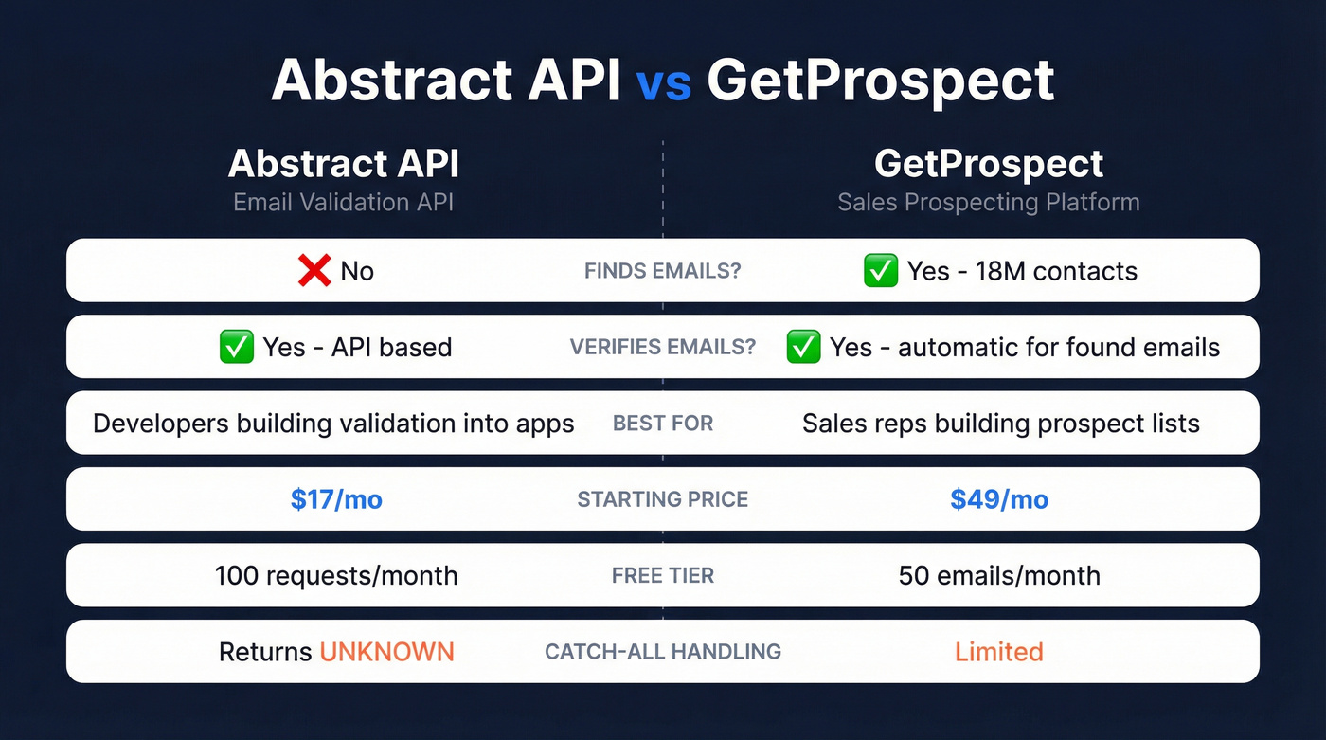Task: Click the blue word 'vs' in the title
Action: (x=663, y=82)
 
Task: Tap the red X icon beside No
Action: (x=314, y=271)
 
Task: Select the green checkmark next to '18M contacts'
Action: (x=881, y=271)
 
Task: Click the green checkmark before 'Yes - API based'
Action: (x=236, y=347)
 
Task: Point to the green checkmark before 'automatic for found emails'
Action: (x=803, y=347)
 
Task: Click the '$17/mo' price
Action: (x=336, y=499)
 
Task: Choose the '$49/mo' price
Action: (x=999, y=499)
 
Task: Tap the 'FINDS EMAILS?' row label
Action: (x=663, y=271)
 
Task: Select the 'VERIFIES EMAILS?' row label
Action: (x=663, y=347)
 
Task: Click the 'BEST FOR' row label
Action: (x=663, y=424)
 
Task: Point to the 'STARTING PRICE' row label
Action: (x=663, y=499)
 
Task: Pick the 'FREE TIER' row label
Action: (x=663, y=575)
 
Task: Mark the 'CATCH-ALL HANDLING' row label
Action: (x=663, y=652)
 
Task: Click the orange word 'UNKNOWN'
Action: (x=386, y=652)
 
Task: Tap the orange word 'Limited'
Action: (x=999, y=652)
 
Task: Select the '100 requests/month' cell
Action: (x=336, y=575)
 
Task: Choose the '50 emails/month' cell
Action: (x=999, y=575)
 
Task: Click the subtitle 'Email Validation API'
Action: (x=344, y=202)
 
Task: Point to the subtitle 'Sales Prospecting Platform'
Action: (x=989, y=202)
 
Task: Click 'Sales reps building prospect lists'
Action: (x=1001, y=424)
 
